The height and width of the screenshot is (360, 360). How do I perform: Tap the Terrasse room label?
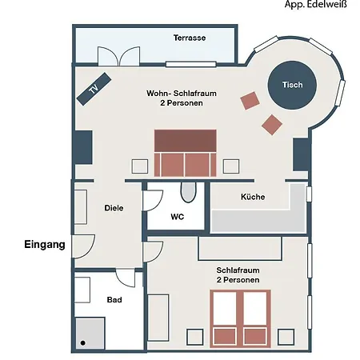click(190, 38)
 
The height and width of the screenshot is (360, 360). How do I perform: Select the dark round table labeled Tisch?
click(292, 85)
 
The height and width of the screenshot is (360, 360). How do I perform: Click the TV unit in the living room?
click(94, 88)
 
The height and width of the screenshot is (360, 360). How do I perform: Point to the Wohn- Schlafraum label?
click(174, 98)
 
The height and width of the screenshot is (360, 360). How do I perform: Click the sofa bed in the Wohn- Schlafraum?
click(186, 153)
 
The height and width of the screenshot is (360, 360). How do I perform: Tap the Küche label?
click(253, 197)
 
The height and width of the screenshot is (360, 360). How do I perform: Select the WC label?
click(178, 216)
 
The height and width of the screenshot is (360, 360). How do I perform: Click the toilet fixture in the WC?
click(188, 192)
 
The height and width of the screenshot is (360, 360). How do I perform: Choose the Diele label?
click(114, 207)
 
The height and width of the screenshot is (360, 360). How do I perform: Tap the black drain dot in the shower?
click(82, 343)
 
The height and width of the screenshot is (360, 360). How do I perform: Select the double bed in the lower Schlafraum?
click(241, 318)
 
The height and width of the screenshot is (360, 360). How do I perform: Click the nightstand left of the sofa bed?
click(140, 166)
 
